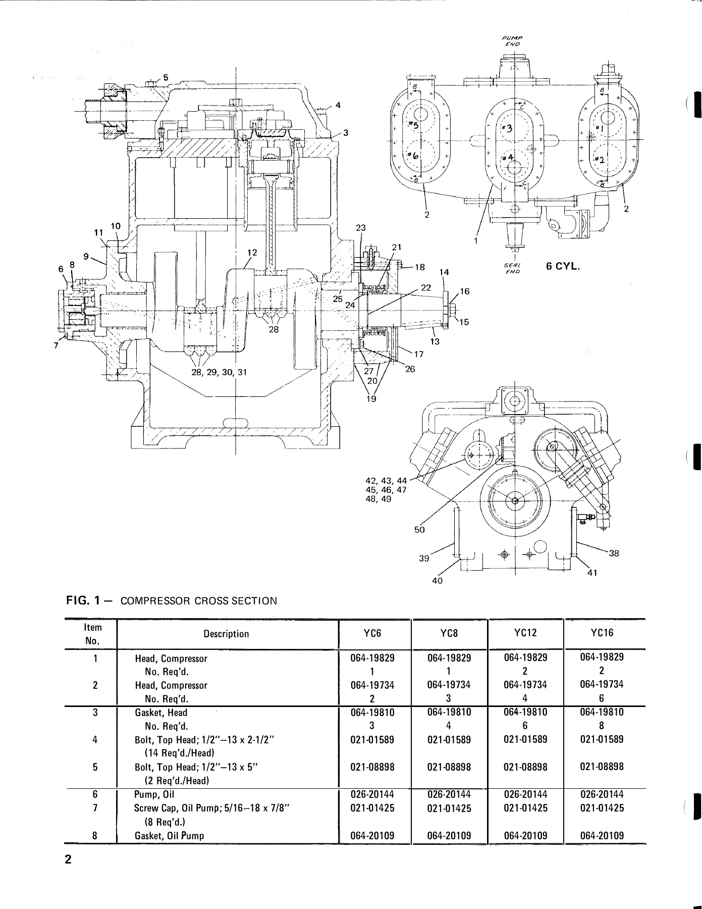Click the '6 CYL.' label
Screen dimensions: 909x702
point(563,266)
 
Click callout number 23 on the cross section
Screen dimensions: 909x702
point(360,228)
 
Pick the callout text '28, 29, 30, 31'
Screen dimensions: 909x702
point(220,372)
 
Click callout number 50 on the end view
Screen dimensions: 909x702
point(420,530)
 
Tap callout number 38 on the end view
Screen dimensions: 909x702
point(613,553)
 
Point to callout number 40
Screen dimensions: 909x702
point(437,581)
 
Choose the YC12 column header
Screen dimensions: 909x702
point(525,633)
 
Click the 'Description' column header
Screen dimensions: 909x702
point(226,634)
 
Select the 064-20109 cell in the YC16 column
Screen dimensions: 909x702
point(602,835)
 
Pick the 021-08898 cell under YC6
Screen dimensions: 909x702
point(372,767)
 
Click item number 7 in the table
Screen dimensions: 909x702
point(95,808)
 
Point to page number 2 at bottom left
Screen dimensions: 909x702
point(68,860)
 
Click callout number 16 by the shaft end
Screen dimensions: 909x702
point(464,291)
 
